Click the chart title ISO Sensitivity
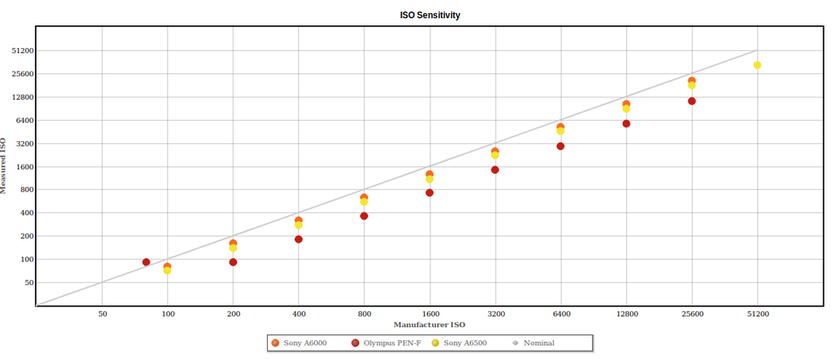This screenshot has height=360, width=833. coord(429,15)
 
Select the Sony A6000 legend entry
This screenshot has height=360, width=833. coord(304,343)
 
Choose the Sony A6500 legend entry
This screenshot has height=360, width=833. coord(465,343)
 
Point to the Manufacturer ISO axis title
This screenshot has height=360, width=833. coord(429,325)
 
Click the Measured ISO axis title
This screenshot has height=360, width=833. coord(5,166)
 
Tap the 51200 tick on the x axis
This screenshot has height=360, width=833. coord(757,313)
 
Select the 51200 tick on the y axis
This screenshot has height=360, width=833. coord(22,51)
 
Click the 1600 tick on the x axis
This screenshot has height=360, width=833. coord(430,313)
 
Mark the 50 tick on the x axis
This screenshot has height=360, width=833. coord(102,313)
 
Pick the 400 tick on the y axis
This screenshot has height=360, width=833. coord(27,213)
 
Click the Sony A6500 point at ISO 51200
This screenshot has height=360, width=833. coord(757,66)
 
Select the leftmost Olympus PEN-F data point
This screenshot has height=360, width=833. coord(146,262)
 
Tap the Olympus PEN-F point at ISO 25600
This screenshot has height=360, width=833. coord(692,101)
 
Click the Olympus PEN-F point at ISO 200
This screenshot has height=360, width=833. coord(233,262)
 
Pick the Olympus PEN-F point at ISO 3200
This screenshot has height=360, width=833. coord(495,170)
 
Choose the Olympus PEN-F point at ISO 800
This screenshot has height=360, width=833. coord(365,217)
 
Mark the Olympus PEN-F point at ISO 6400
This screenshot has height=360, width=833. coord(561,146)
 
